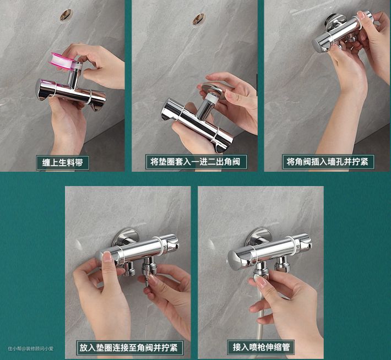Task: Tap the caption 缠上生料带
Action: [62, 163]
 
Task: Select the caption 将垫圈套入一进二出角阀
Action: [196, 162]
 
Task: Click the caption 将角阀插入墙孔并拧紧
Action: [328, 162]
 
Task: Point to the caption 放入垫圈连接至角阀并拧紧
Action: [129, 347]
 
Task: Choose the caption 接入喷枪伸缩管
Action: [262, 347]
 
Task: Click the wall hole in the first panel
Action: [66, 15]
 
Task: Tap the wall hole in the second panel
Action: [199, 19]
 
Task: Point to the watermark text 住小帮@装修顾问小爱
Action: [31, 348]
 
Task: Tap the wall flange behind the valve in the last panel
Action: [258, 237]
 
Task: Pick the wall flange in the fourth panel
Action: [125, 237]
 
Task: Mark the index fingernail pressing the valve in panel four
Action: [108, 257]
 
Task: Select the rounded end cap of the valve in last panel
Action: [235, 259]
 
